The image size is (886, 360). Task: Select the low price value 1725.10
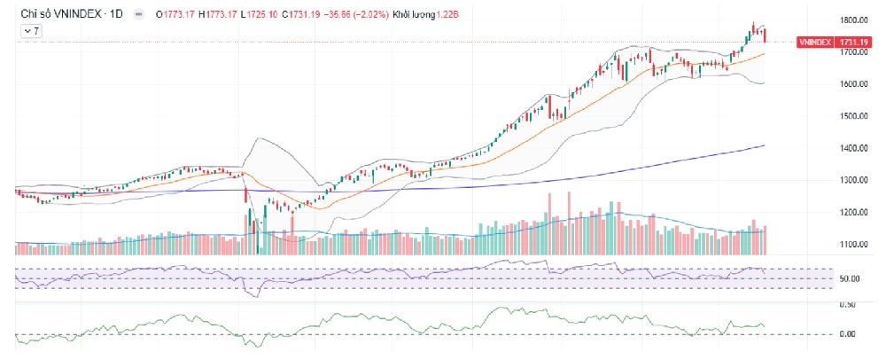(260, 15)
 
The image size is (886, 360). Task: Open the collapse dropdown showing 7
(31, 31)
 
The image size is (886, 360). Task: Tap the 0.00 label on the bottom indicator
(849, 334)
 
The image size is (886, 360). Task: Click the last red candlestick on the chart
(765, 35)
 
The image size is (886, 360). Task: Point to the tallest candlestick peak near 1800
(753, 24)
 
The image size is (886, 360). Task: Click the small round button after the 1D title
(137, 15)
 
